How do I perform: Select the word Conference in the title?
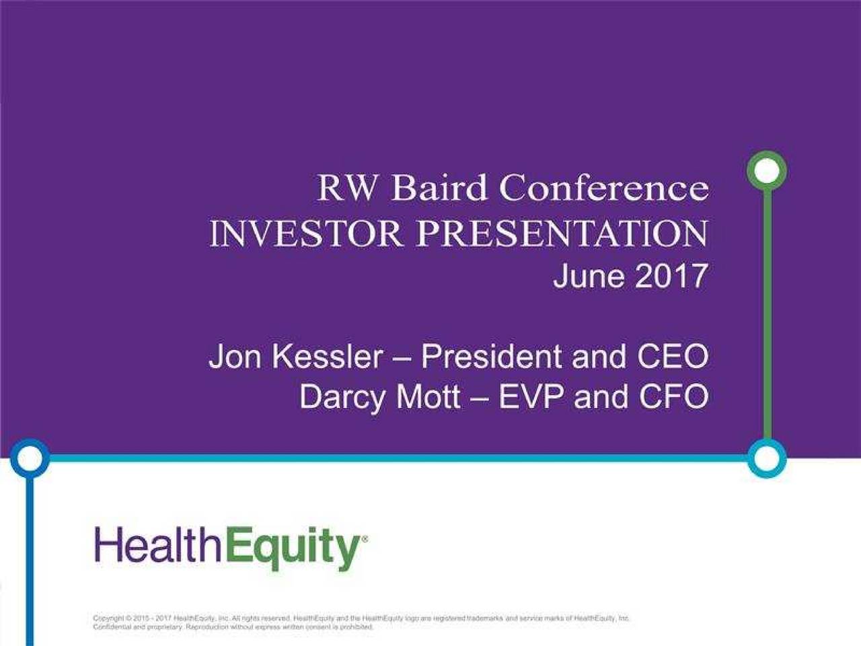[x=603, y=188]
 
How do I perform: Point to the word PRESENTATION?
[x=562, y=234]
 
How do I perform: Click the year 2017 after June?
[x=670, y=276]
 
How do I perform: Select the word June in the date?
[x=587, y=276]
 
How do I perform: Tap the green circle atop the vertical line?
[x=766, y=171]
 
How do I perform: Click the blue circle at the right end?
[x=766, y=459]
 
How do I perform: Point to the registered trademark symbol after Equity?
[x=365, y=539]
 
